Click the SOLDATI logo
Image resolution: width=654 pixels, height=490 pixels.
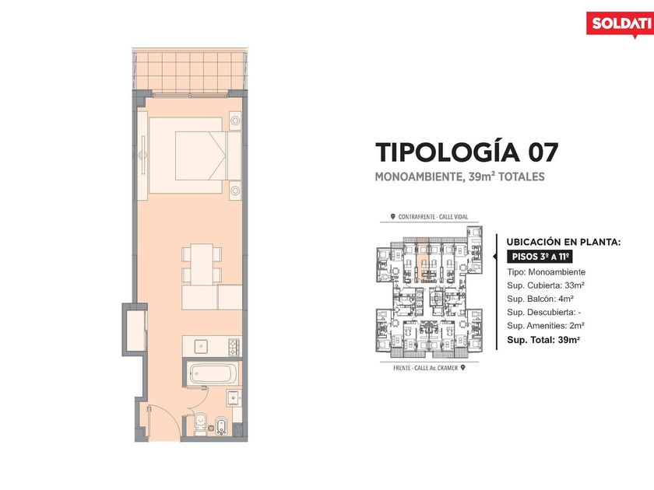619,24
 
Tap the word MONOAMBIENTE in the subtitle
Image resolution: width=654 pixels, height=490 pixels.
419,177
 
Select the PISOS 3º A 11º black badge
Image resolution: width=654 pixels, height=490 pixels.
540,257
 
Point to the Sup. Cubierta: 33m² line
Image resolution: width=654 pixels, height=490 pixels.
546,285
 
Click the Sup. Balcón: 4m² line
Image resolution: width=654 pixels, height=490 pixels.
540,299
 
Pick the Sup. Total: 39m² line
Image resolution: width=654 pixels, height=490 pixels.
543,340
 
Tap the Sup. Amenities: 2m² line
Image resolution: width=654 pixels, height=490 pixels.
546,325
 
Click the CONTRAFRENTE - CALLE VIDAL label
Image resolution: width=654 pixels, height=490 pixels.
429,217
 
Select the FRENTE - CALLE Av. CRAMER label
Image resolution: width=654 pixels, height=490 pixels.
429,368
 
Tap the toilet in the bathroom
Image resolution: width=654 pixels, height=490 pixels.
201,423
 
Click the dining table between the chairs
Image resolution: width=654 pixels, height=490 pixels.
202,264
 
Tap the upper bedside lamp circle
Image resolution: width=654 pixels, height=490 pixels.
235,121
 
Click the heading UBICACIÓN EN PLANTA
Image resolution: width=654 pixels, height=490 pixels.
564,242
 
